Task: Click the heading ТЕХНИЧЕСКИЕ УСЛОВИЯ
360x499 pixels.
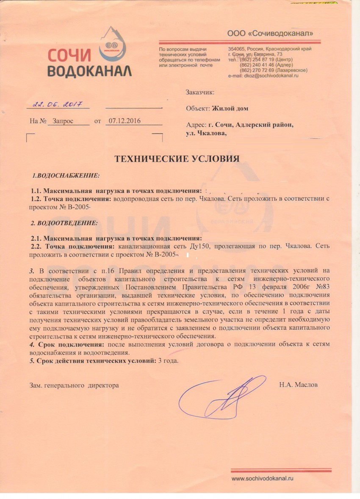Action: pyautogui.click(x=177, y=159)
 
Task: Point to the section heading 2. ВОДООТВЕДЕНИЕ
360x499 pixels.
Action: pyautogui.click(x=64, y=222)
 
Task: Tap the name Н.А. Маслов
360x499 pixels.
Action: pyautogui.click(x=298, y=385)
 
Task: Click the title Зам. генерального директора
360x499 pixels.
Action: pyautogui.click(x=74, y=385)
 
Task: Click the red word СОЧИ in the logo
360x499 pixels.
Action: pyautogui.click(x=69, y=56)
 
